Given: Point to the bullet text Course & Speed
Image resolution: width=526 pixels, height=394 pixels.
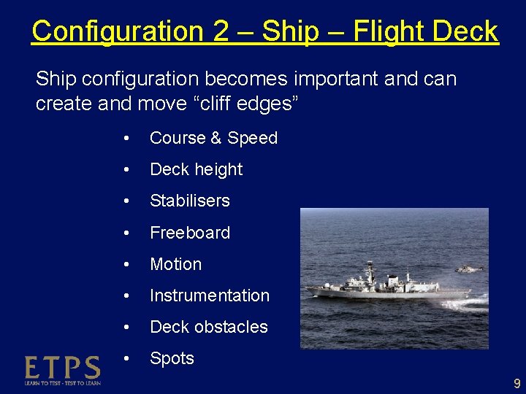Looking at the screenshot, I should coord(213,138).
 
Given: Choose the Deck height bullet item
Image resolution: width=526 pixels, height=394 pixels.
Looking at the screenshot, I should coord(196,169).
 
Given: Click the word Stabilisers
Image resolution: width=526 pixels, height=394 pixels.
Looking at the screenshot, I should coord(189,201).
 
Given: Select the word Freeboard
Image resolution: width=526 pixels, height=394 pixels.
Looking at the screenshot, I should coord(189,233).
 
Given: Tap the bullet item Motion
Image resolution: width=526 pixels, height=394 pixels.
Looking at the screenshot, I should coord(175,264).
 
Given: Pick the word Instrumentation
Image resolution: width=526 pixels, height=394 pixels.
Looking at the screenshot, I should coord(209,295).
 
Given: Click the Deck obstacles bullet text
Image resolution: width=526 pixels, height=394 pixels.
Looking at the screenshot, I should coord(208,327).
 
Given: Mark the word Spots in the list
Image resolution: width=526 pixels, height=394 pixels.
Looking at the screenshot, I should coord(172,358).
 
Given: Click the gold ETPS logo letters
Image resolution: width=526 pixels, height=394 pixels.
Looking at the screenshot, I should coord(62,367).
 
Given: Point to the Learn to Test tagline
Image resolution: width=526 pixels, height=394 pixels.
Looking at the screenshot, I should coord(62,382).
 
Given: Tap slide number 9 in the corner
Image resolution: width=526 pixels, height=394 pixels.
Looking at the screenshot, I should coord(517,383).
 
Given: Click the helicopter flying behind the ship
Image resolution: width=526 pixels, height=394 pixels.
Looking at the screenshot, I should coord(468,269).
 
